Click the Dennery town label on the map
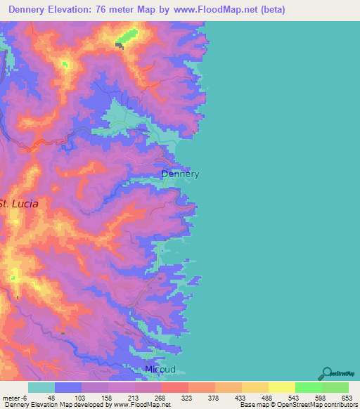tap(181, 174)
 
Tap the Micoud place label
tap(160, 369)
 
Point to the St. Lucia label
tap(19, 203)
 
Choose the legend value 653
tap(345, 397)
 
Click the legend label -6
tap(24, 397)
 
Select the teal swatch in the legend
tap(41, 387)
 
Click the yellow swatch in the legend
tap(282, 387)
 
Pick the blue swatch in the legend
tap(68, 387)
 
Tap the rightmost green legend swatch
tap(335, 387)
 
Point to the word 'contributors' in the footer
tap(338, 404)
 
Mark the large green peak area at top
tap(127, 36)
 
